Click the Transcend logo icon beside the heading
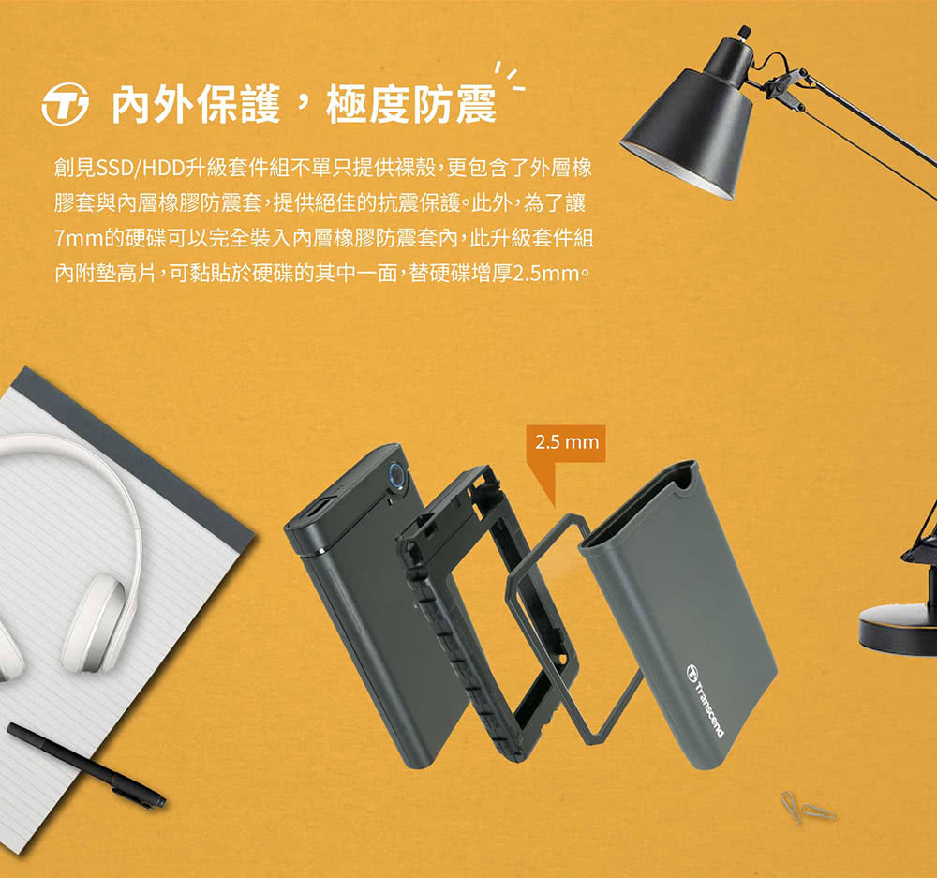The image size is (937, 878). (x=66, y=104)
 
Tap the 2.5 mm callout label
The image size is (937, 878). (x=566, y=443)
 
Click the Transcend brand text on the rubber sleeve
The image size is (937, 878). (x=706, y=701)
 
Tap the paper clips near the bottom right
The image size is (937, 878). (x=807, y=807)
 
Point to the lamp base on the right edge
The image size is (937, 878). (x=898, y=630)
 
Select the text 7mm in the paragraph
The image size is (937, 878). (x=79, y=240)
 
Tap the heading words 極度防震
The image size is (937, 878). (x=411, y=105)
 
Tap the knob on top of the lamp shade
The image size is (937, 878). (x=744, y=31)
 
